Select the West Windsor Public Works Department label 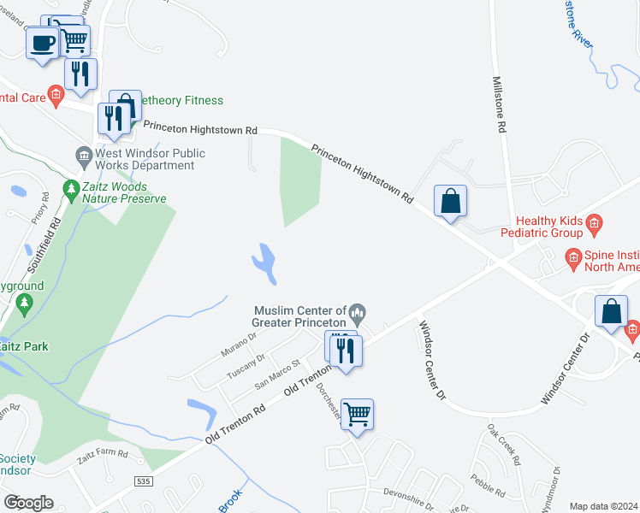150,160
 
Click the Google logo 27,503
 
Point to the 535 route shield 145,482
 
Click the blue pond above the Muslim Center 265,262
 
